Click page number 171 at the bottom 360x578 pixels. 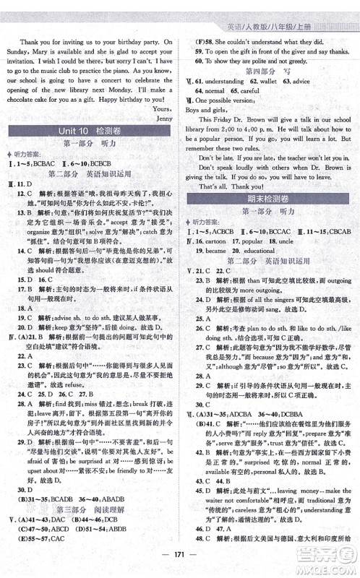(x=179, y=564)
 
